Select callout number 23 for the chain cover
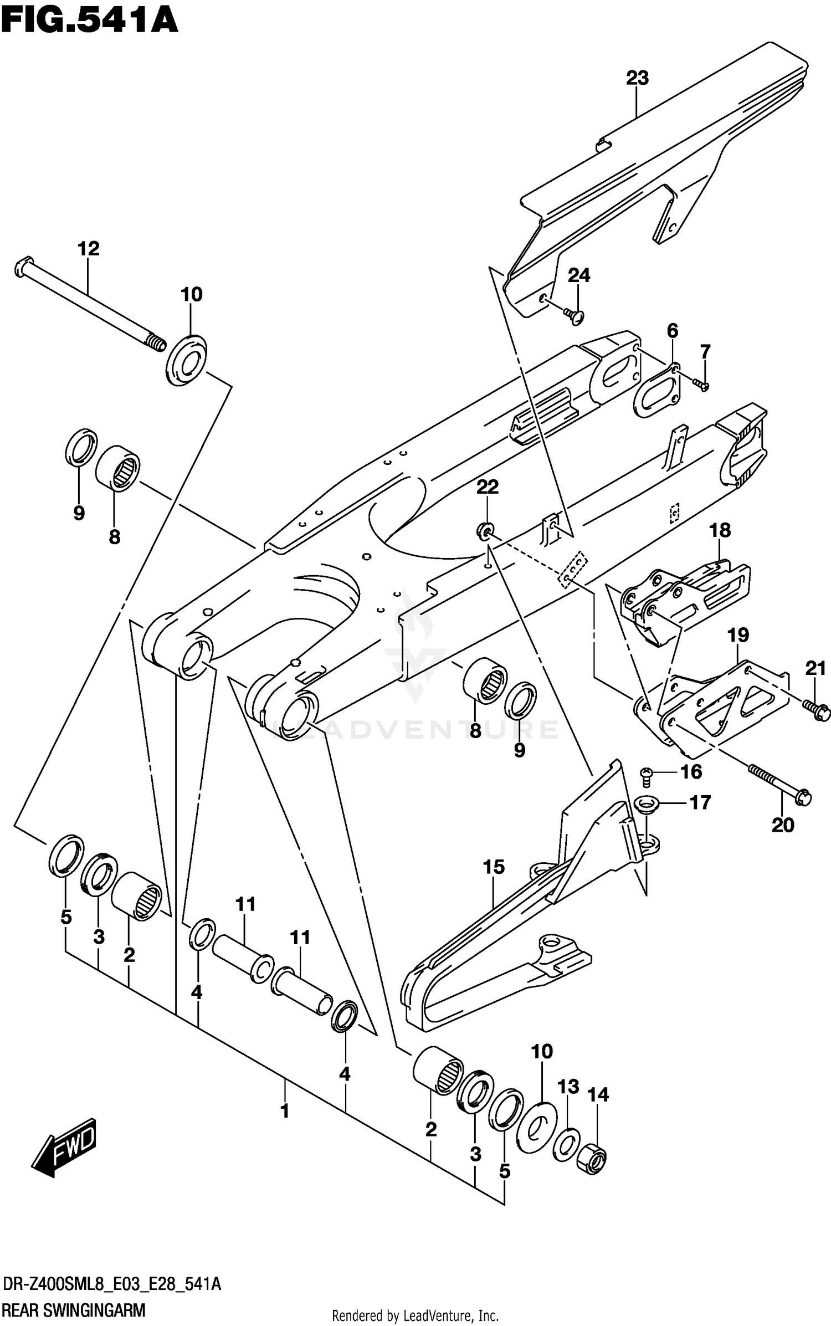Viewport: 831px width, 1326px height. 637,78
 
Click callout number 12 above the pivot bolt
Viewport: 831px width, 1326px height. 88,249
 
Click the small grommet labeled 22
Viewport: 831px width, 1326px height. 485,531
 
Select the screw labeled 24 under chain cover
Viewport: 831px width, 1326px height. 574,316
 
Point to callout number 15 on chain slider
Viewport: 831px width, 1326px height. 494,867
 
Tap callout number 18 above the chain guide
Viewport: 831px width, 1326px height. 720,530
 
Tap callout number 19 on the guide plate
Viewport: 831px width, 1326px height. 738,635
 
